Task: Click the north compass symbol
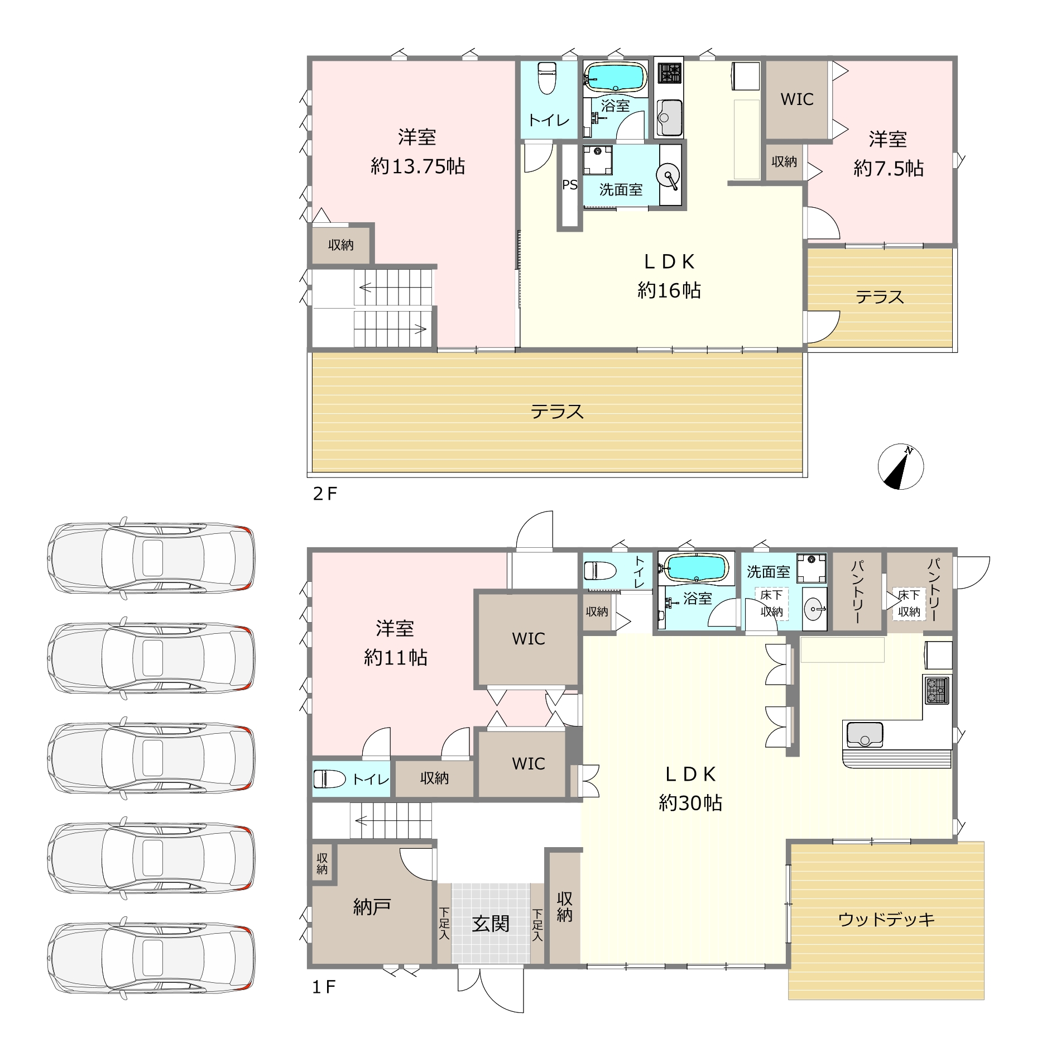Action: click(x=900, y=467)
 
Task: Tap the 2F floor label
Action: click(x=325, y=494)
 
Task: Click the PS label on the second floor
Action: click(x=570, y=185)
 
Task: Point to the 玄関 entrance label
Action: click(x=491, y=924)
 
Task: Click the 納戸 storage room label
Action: click(x=372, y=907)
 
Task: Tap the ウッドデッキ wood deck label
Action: click(x=886, y=919)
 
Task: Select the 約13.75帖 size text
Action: click(x=418, y=166)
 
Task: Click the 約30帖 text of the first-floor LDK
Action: click(x=690, y=802)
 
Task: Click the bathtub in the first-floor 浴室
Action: click(x=697, y=568)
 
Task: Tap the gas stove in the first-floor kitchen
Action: click(x=937, y=690)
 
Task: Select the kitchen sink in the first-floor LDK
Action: click(x=865, y=735)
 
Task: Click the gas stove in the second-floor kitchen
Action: click(x=669, y=73)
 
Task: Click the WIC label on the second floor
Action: click(x=797, y=99)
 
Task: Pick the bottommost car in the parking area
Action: click(x=151, y=958)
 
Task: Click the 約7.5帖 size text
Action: click(x=888, y=168)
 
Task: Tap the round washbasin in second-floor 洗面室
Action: click(x=668, y=175)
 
